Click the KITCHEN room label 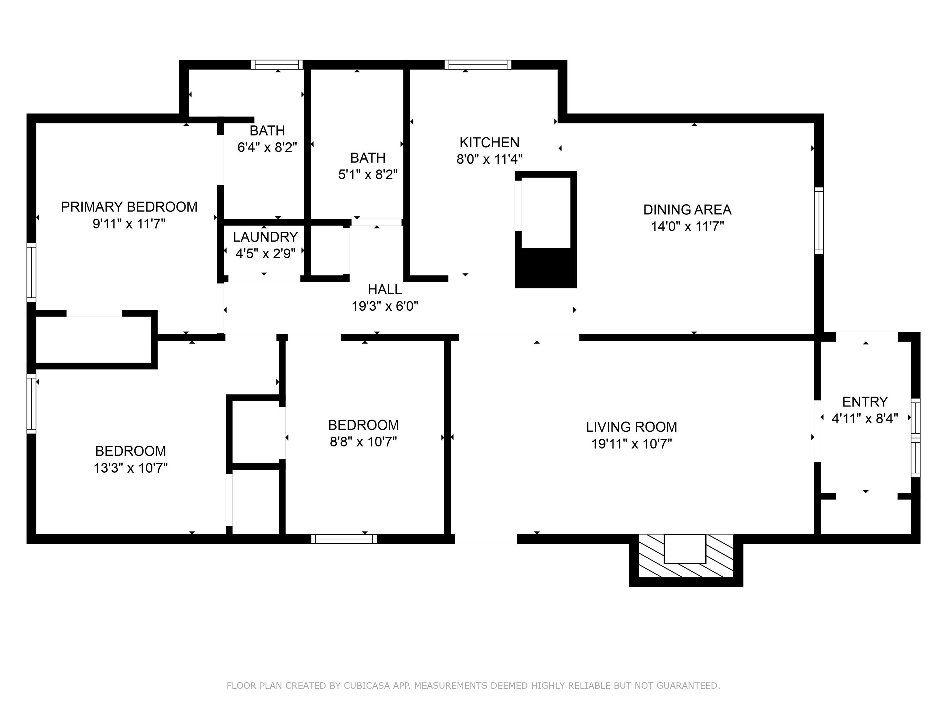pos(489,142)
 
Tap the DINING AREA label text pos(687,210)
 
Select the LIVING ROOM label pos(631,427)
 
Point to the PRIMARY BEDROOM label pos(129,207)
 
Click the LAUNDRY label pos(265,237)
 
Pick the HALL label pos(384,290)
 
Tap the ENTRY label pos(865,402)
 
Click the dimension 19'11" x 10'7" pos(631,444)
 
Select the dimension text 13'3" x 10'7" pos(131,468)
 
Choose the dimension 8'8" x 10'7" pos(363,442)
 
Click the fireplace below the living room pos(685,560)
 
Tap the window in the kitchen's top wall pos(478,65)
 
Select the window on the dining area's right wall pos(818,220)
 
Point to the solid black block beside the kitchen pos(546,268)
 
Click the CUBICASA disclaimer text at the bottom pos(473,686)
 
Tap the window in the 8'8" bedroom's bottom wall pos(344,539)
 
